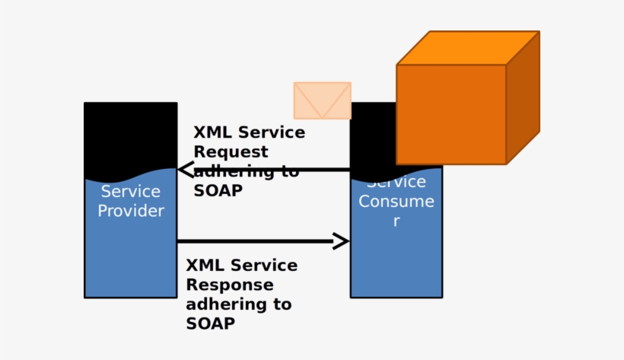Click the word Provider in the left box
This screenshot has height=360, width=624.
131,211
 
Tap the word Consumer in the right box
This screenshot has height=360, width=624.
396,202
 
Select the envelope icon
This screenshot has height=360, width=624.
322,100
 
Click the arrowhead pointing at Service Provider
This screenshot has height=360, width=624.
185,170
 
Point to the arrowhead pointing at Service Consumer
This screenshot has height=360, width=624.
342,241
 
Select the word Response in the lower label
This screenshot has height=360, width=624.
229,285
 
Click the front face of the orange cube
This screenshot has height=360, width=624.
451,114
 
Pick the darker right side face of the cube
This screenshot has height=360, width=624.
523,97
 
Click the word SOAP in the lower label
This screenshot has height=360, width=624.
210,323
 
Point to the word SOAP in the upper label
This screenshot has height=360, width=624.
218,191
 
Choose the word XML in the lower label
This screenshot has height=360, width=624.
204,266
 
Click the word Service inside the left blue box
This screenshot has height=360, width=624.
131,191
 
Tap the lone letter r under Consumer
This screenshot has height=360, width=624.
396,221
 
